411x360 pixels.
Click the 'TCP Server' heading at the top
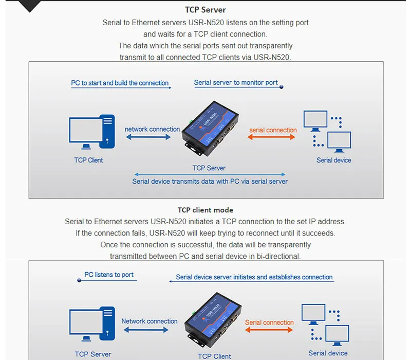pyautogui.click(x=206, y=10)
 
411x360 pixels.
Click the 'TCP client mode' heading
pyautogui.click(x=206, y=210)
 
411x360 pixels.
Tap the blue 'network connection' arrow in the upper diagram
pyautogui.click(x=148, y=137)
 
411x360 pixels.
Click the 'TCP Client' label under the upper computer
pyautogui.click(x=88, y=160)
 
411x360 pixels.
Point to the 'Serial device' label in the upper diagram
pyautogui.click(x=334, y=160)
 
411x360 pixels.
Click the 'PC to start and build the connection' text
pyautogui.click(x=120, y=83)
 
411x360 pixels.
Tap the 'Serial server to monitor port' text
pyautogui.click(x=236, y=82)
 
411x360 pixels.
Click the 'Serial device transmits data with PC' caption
pyautogui.click(x=210, y=181)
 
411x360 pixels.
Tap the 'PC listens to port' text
pyautogui.click(x=109, y=275)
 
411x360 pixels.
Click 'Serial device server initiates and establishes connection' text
pyautogui.click(x=254, y=277)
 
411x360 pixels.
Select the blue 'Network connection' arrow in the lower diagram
pyautogui.click(x=149, y=330)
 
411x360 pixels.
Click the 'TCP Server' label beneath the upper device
pyautogui.click(x=209, y=168)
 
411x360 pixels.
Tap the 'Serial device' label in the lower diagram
pyautogui.click(x=328, y=353)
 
